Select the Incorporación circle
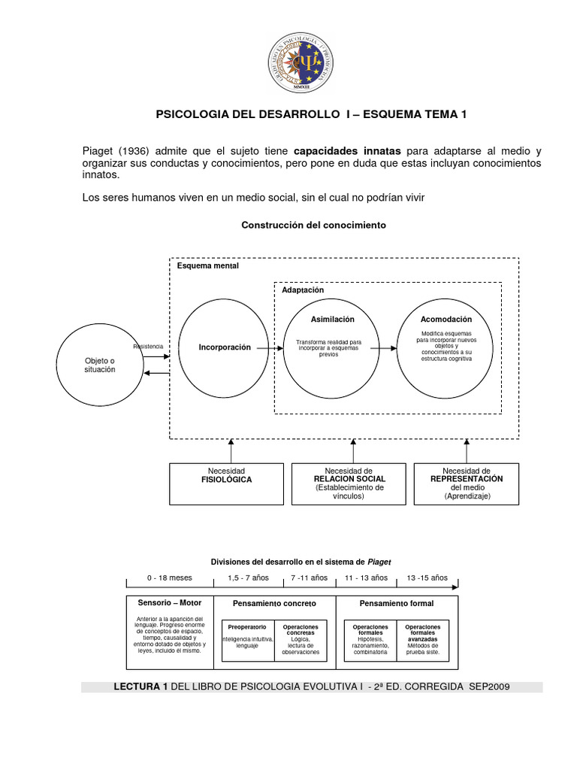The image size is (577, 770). pos(225,348)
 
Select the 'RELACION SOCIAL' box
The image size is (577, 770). pos(349,484)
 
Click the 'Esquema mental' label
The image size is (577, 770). pos(207,266)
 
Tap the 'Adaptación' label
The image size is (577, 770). pos(303,290)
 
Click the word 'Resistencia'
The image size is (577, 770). pos(148,346)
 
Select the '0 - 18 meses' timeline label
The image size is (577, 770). pos(169,577)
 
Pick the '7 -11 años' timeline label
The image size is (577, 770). pos(310,577)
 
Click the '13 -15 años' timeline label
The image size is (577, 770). pos(427,577)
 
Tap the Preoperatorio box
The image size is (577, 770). pos(246,639)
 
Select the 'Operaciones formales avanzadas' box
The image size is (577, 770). pos(423,639)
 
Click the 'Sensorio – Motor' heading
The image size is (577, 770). pos(169,603)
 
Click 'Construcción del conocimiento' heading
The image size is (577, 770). pos(313,225)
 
